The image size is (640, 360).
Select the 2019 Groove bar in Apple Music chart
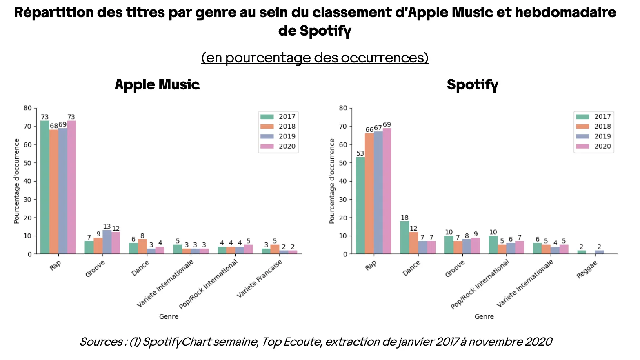[107, 242]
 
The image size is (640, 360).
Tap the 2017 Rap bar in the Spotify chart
[360, 205]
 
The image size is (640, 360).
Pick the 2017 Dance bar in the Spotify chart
[404, 238]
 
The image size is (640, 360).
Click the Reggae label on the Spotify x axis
[587, 270]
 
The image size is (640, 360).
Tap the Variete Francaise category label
[260, 279]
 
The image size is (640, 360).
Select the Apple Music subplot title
[157, 84]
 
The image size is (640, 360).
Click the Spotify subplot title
[472, 84]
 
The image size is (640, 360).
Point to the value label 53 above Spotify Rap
[360, 153]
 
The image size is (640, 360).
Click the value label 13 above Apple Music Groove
[107, 227]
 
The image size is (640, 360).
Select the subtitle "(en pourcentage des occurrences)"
[315, 58]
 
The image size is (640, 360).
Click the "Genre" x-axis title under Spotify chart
[484, 316]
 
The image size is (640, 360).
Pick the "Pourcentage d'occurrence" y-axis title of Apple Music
[17, 181]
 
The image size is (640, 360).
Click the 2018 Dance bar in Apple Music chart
[142, 247]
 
